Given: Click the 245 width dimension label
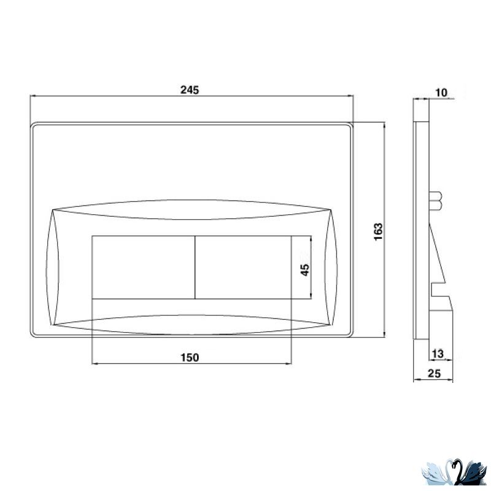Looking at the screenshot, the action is coord(190,90).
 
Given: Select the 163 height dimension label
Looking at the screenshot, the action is coord(378,232).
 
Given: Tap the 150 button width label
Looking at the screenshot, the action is coord(190,357).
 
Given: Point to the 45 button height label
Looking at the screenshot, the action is coord(304,269).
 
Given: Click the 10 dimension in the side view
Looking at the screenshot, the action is coord(441,93).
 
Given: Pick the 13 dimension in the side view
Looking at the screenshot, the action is coord(438,354).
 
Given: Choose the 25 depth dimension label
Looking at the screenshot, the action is coord(434,373).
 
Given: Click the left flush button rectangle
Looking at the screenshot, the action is coord(144,268).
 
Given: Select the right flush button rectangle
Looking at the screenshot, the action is coord(243,268).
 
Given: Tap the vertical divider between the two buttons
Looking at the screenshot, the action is coord(195,268).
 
